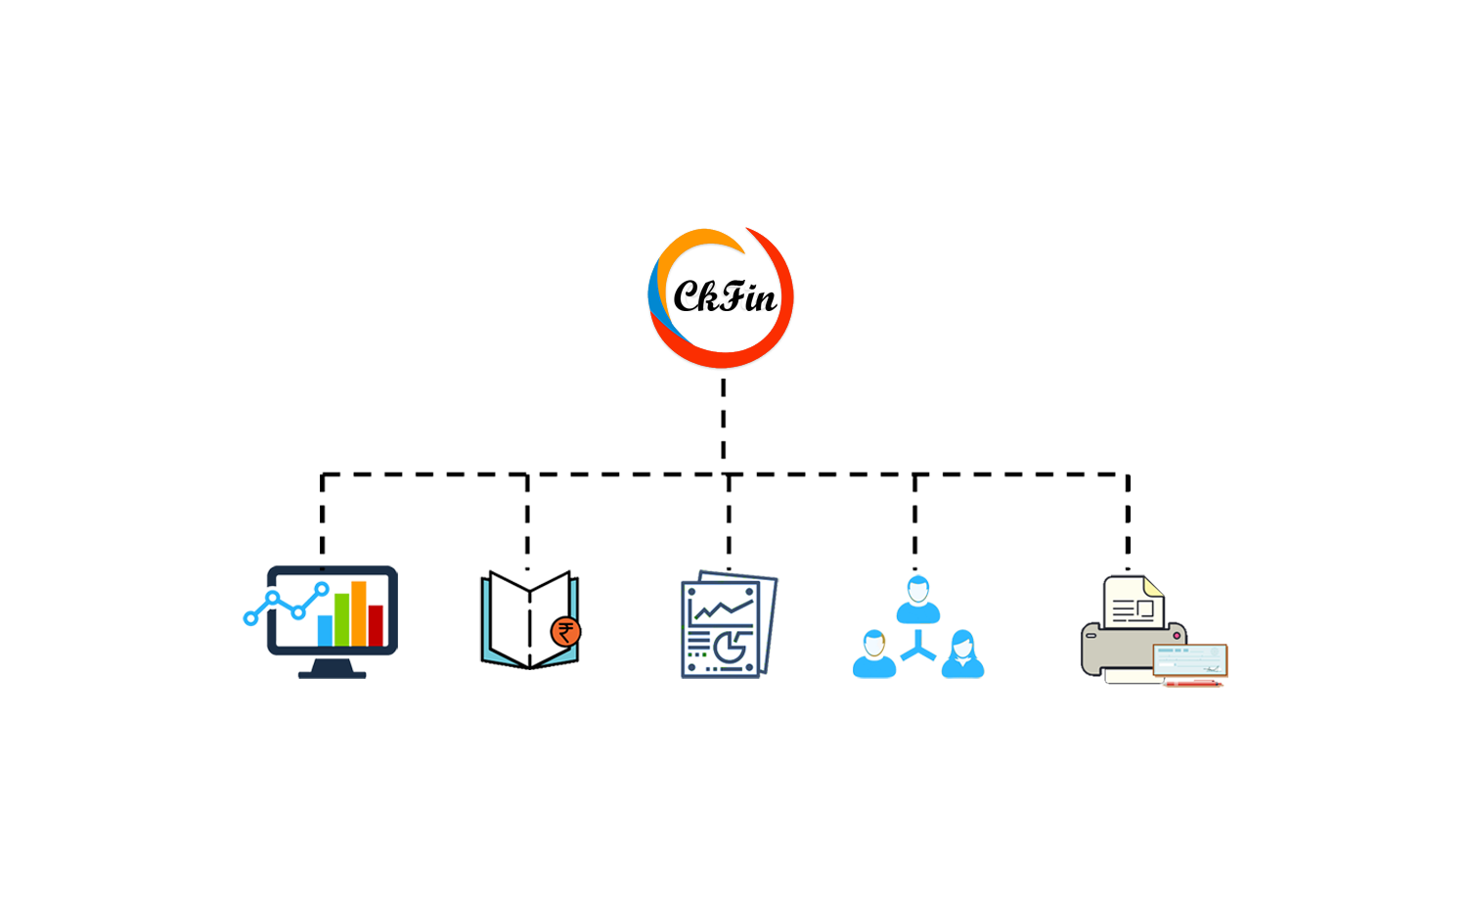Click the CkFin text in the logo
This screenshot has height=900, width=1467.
725,296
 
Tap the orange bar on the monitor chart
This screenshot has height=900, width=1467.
358,613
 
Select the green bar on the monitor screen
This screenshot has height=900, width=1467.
341,619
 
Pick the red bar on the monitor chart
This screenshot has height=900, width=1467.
376,625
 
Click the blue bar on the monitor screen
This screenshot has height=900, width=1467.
325,630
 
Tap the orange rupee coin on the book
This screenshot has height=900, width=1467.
565,632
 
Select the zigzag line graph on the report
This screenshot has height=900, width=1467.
723,609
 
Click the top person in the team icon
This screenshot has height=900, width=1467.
917,600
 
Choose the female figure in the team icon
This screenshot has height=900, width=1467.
962,653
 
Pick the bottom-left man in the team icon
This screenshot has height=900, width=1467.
873,653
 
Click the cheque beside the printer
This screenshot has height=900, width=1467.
1189,660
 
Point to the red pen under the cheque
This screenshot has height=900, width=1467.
1193,684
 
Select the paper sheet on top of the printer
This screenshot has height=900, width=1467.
1133,602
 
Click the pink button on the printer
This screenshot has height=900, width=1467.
1177,635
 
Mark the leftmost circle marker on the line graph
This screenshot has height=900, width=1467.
250,617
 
